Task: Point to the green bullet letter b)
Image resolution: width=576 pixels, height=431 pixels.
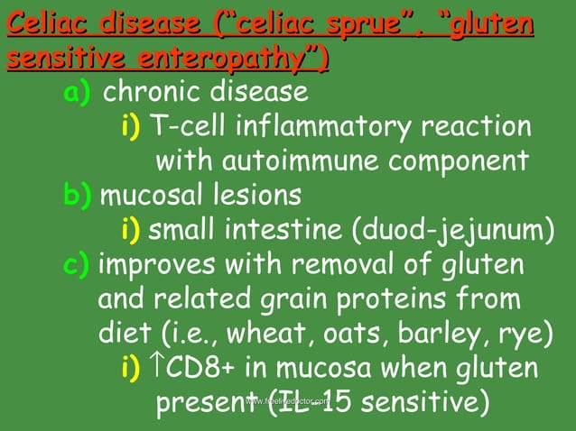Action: click(78, 195)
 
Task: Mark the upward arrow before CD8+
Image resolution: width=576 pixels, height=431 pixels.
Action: click(156, 367)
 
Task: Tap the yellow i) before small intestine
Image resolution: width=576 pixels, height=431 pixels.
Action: click(132, 231)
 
